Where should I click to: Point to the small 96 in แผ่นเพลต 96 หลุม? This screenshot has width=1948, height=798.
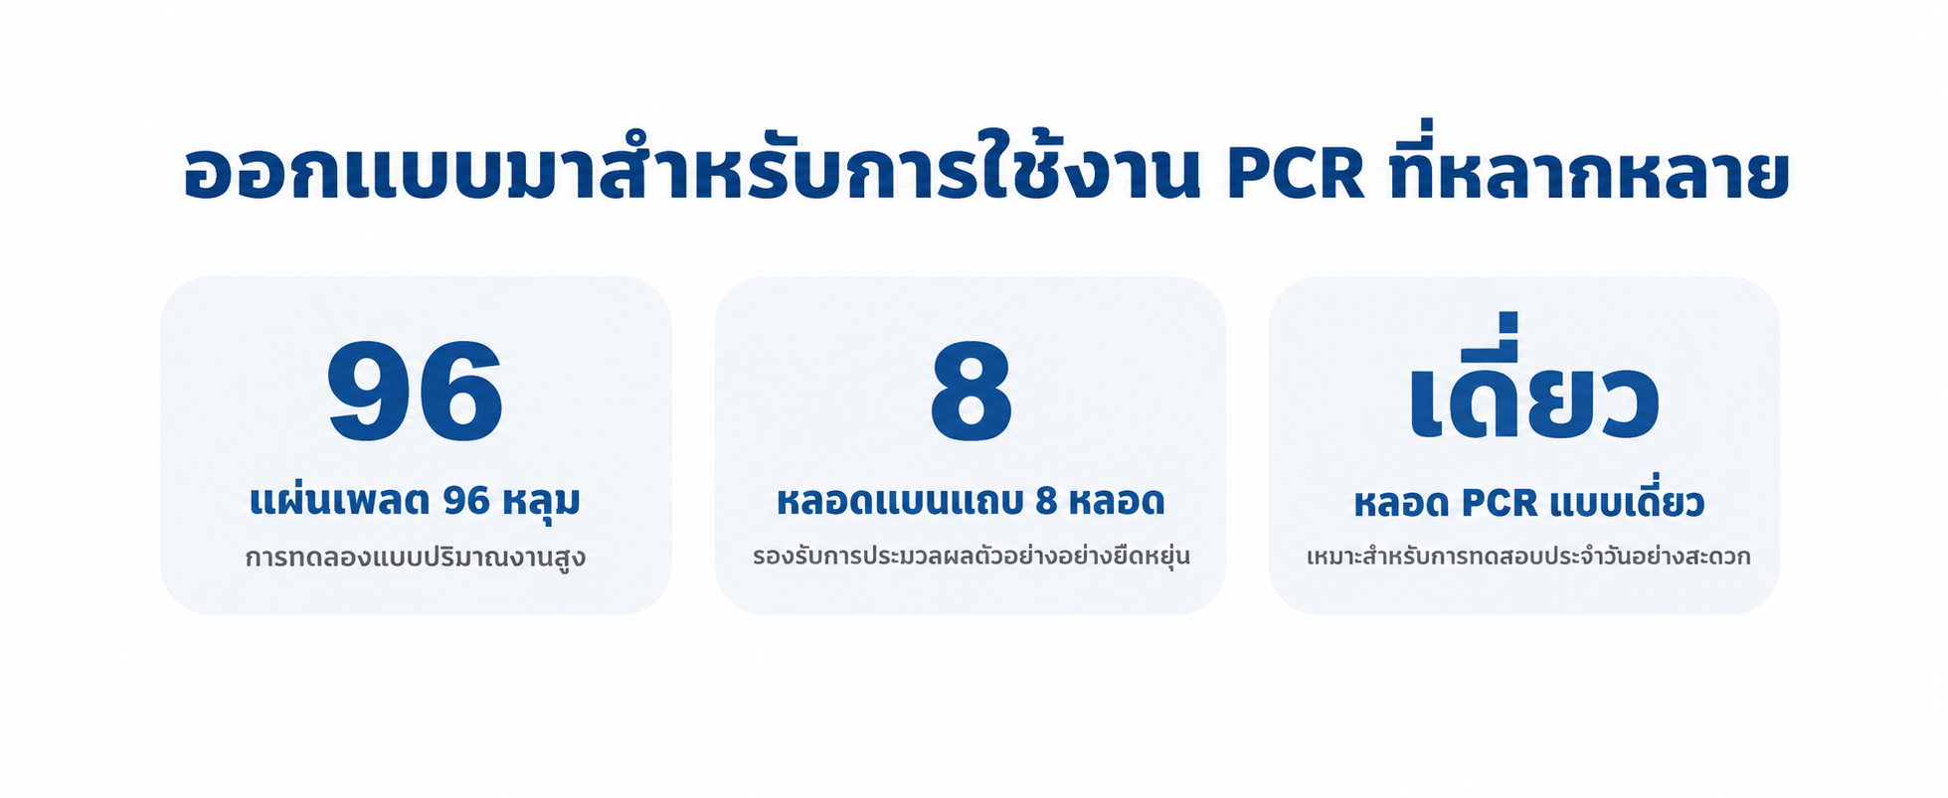point(466,501)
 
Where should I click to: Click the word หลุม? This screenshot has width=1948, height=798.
point(541,502)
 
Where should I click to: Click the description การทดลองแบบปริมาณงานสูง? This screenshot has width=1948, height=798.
point(416,557)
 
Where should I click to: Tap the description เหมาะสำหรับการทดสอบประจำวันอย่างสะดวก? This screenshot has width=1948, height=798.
point(1528,556)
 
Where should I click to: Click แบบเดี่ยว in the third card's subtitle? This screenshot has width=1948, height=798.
point(1627,500)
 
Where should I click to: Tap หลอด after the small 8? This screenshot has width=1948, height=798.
point(1116,501)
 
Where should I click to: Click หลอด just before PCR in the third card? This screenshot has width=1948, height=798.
point(1402,503)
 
